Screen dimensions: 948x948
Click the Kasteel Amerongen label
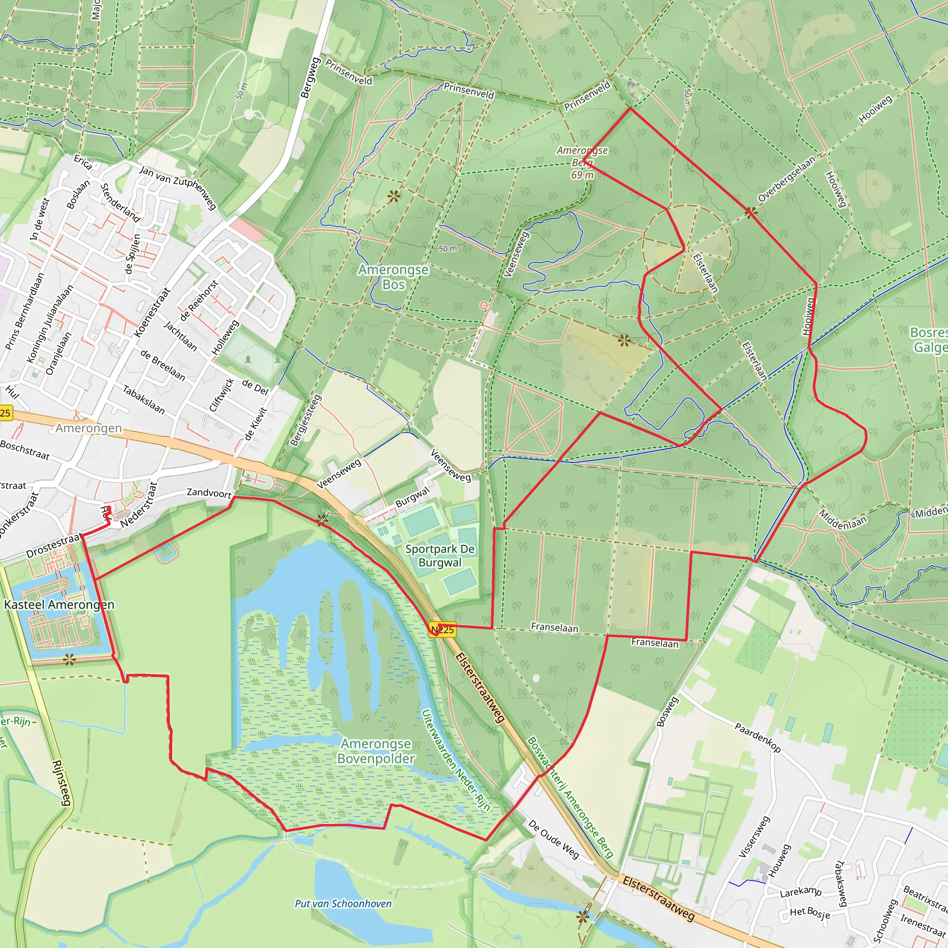[59, 605]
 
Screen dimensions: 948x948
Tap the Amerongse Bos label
[393, 277]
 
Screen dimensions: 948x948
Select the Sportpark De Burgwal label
[440, 555]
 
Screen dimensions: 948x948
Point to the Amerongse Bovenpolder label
[376, 751]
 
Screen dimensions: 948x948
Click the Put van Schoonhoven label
[343, 904]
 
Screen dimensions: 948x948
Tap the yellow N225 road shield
[442, 630]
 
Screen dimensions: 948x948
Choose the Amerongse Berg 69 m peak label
[582, 162]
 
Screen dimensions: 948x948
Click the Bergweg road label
[310, 77]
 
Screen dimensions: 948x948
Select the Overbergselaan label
[786, 179]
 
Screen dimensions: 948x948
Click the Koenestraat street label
[152, 312]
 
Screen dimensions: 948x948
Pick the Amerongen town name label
[89, 428]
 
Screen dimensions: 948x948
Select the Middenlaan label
[843, 519]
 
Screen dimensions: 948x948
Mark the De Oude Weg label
[554, 839]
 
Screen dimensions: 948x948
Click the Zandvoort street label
[209, 493]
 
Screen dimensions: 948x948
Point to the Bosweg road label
[667, 711]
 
